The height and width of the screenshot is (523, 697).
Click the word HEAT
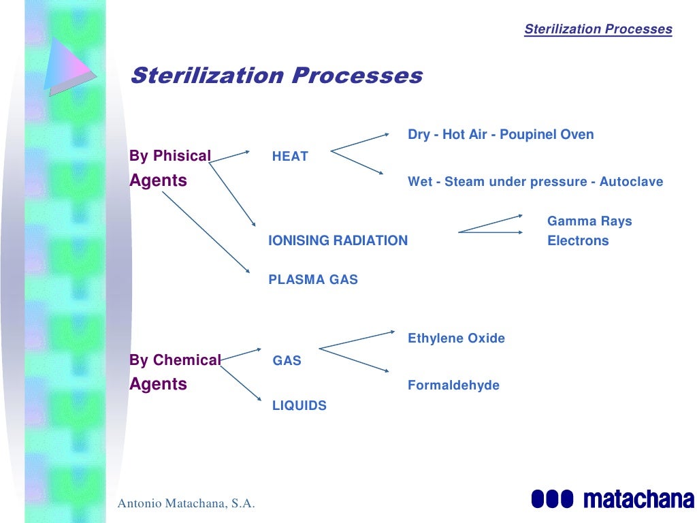(290, 157)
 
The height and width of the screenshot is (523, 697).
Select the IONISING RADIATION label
(338, 240)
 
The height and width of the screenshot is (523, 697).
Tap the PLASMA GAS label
(313, 280)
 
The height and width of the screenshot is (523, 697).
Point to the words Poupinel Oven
(547, 135)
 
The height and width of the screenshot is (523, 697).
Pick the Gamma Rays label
(589, 221)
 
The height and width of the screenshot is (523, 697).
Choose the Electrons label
(578, 241)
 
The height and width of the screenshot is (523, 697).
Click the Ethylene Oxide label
(456, 338)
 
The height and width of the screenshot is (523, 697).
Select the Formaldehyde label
(453, 385)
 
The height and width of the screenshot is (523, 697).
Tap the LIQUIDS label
(299, 406)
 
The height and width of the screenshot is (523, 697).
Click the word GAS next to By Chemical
(287, 361)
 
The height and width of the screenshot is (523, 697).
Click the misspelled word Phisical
(182, 156)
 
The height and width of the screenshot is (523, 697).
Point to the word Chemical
(187, 360)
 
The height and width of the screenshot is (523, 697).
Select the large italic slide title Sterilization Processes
(276, 76)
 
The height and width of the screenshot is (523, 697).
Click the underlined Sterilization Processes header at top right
(598, 29)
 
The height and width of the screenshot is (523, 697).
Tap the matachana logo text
(638, 498)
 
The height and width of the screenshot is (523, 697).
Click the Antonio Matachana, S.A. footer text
(187, 504)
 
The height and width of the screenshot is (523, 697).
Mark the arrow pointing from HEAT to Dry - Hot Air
(359, 141)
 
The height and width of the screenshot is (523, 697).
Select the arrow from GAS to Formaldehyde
(355, 360)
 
